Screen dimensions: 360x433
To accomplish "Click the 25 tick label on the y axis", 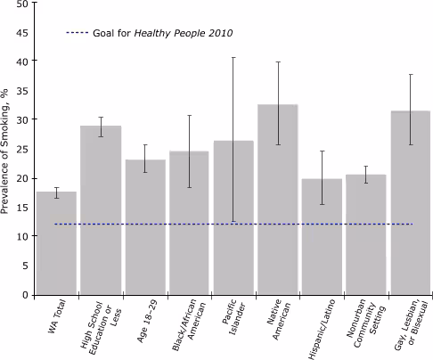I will (x=21, y=149).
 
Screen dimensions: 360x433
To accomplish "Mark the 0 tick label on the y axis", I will (x=24, y=295).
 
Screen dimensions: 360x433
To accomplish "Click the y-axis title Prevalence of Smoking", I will (x=7, y=148).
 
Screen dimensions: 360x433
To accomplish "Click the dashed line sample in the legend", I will (x=78, y=33).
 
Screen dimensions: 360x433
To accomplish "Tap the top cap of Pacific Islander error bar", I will (x=233, y=58).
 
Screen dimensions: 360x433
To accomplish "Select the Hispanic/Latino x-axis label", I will (x=320, y=329).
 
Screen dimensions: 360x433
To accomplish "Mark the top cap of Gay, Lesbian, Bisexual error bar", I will (x=410, y=75).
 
